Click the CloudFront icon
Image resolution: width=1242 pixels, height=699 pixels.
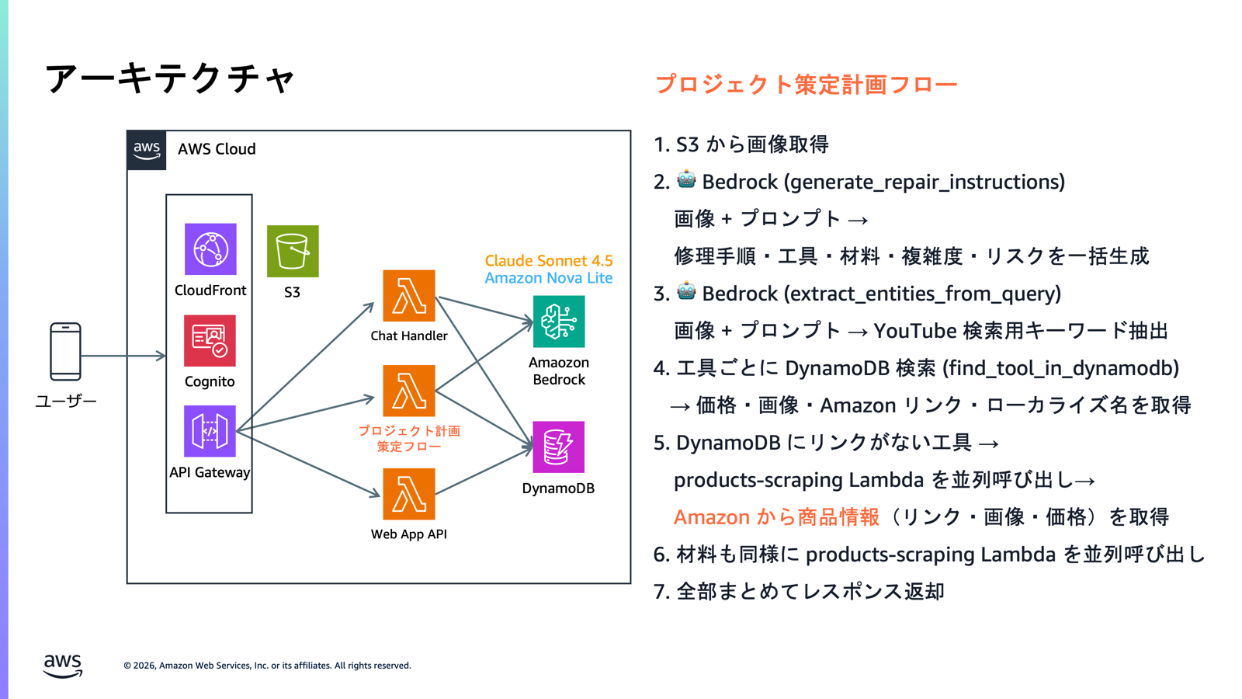coord(210,249)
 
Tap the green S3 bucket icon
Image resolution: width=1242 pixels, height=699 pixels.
coord(293,251)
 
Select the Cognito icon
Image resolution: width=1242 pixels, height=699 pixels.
coord(210,340)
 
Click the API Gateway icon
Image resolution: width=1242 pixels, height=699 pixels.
coord(210,431)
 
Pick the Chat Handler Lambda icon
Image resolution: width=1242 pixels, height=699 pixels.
coord(409,296)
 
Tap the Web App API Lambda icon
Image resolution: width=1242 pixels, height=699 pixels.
coord(409,494)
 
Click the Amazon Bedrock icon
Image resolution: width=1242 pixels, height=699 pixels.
coord(559,322)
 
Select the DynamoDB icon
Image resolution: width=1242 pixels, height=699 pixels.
coord(558,447)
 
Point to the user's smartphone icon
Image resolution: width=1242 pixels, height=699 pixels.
coord(65,352)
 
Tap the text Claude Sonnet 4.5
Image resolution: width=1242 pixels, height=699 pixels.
coord(549,261)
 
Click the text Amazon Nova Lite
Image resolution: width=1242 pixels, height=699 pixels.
coord(549,278)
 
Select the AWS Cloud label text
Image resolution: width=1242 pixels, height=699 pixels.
coord(217,149)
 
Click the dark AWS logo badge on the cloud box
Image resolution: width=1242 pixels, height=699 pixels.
coord(147,150)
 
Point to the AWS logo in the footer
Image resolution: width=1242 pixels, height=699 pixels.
coord(62,666)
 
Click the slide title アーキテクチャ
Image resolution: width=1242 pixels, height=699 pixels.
coord(170,78)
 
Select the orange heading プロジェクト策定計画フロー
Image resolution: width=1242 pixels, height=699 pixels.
coord(806,84)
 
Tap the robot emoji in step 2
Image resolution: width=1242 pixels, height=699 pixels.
coord(686,180)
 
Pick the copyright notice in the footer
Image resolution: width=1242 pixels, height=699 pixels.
coord(267,666)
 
